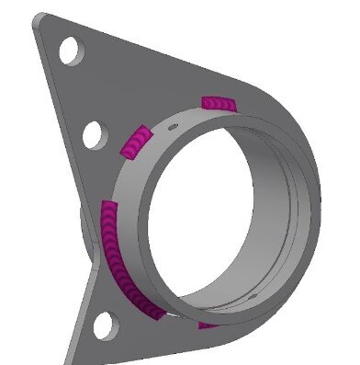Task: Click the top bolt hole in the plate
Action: (x=69, y=50)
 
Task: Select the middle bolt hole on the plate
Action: (x=94, y=136)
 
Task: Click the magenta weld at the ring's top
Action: (x=219, y=102)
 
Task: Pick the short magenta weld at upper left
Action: (x=134, y=141)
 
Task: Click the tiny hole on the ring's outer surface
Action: (x=172, y=121)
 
